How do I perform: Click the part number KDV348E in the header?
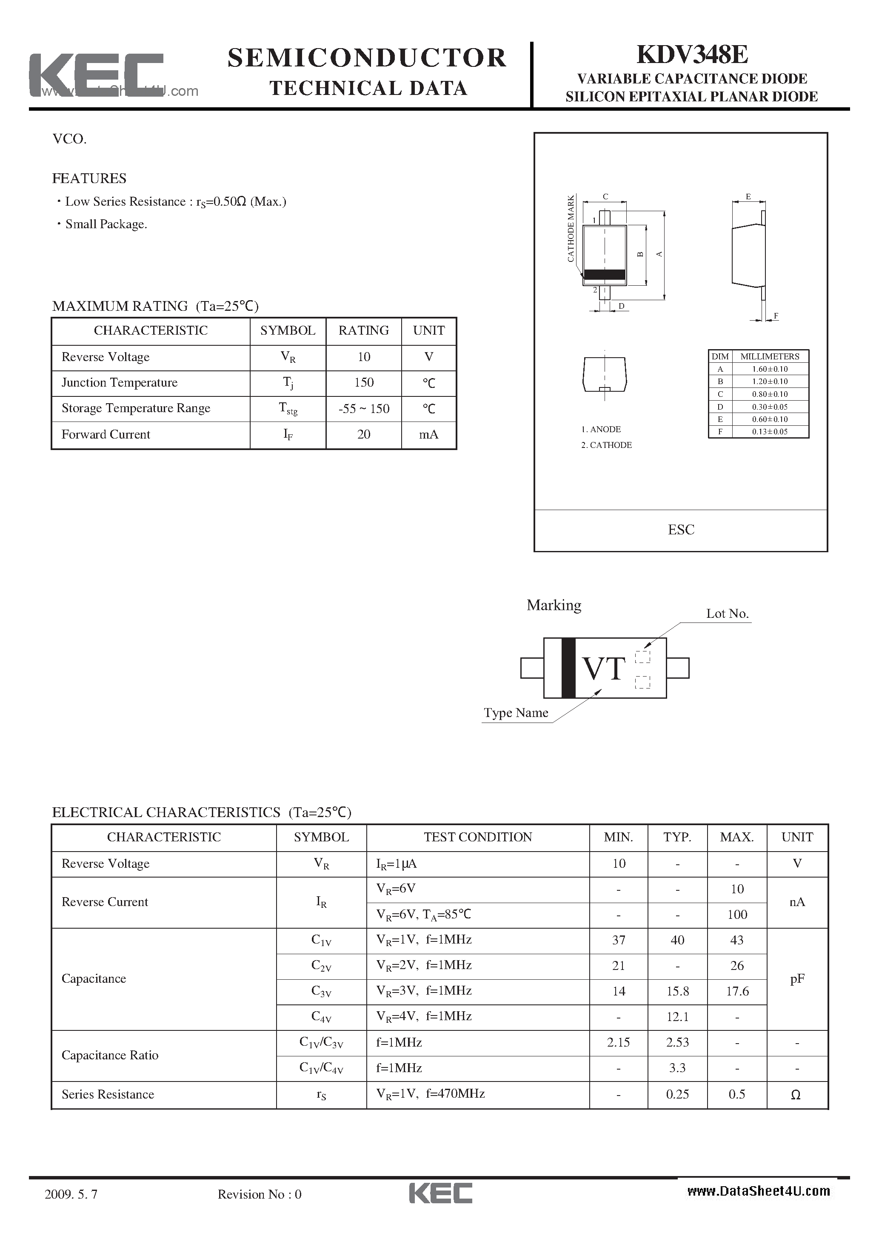pos(692,55)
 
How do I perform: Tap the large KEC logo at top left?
pos(96,75)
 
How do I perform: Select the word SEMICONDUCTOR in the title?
pos(367,58)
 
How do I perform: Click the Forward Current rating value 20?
pos(364,434)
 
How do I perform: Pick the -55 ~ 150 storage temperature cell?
pos(364,409)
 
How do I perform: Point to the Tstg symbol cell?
pos(288,409)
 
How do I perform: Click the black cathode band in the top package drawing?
pos(604,274)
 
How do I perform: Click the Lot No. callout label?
pos(727,614)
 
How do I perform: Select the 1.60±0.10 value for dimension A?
pos(770,369)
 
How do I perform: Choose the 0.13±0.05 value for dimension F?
pos(770,432)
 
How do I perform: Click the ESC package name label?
pos(681,530)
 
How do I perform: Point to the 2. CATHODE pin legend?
pos(606,445)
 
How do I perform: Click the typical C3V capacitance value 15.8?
pos(677,991)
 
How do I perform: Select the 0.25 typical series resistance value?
pos(677,1094)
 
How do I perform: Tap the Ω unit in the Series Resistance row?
pos(796,1095)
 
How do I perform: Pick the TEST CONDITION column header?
pos(477,837)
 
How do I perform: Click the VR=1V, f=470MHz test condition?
pos(430,1094)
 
